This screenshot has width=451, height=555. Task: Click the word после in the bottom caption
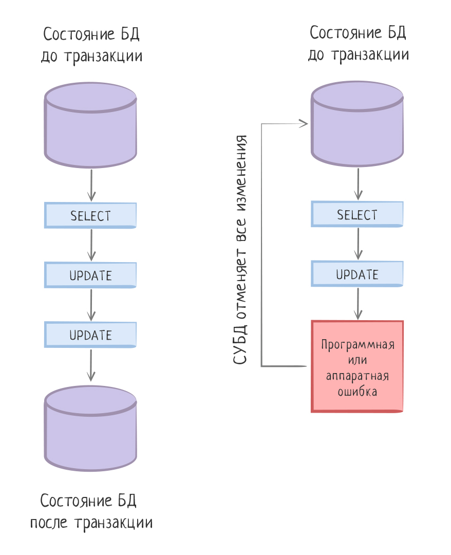point(50,523)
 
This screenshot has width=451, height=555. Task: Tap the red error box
point(357,366)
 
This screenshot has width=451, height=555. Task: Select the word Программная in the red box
point(358,345)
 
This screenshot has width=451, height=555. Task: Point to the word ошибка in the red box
point(358,392)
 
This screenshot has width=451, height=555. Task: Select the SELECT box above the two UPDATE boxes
point(90,216)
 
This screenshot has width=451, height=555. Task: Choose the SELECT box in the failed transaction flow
point(357,214)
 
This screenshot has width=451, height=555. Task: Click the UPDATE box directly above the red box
point(357,274)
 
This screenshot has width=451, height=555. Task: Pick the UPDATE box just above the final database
point(90,335)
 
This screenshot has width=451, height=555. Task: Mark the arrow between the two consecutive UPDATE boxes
point(91,305)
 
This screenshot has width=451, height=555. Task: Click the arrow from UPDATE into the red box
point(358,304)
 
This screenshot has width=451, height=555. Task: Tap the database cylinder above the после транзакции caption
point(91,430)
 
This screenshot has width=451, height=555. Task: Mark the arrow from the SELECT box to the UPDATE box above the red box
point(358,244)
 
